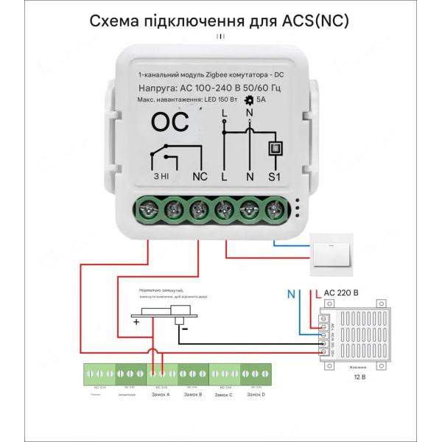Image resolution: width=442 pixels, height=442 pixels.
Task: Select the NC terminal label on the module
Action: point(200,178)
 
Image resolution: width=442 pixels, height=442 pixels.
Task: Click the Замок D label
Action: point(255,396)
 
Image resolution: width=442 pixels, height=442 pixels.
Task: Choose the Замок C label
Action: point(223,396)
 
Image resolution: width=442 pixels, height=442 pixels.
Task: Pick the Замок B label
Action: point(191,396)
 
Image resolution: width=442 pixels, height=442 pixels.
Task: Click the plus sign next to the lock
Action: point(136,322)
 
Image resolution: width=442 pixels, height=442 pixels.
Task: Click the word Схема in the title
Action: point(115,21)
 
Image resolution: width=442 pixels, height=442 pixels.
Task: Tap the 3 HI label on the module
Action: point(161,178)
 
